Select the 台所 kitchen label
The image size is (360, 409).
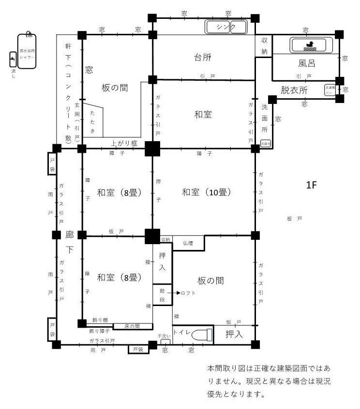[x=203, y=58]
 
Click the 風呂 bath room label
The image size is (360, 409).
[x=307, y=63]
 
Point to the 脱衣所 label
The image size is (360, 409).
[x=295, y=89]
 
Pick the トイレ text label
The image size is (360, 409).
[x=181, y=333]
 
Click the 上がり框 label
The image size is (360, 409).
[x=124, y=143]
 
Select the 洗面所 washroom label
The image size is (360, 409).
[x=264, y=118]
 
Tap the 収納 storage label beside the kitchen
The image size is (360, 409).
[x=264, y=45]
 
